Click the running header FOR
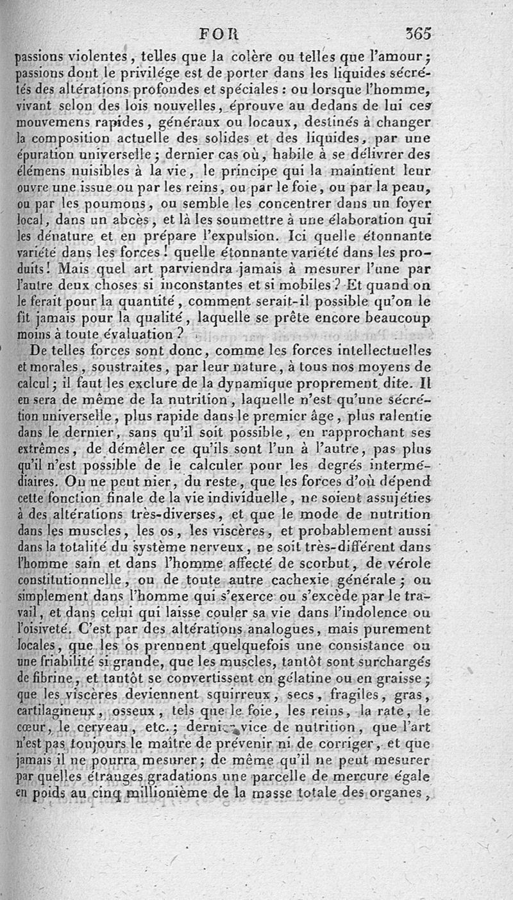tap(219, 33)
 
